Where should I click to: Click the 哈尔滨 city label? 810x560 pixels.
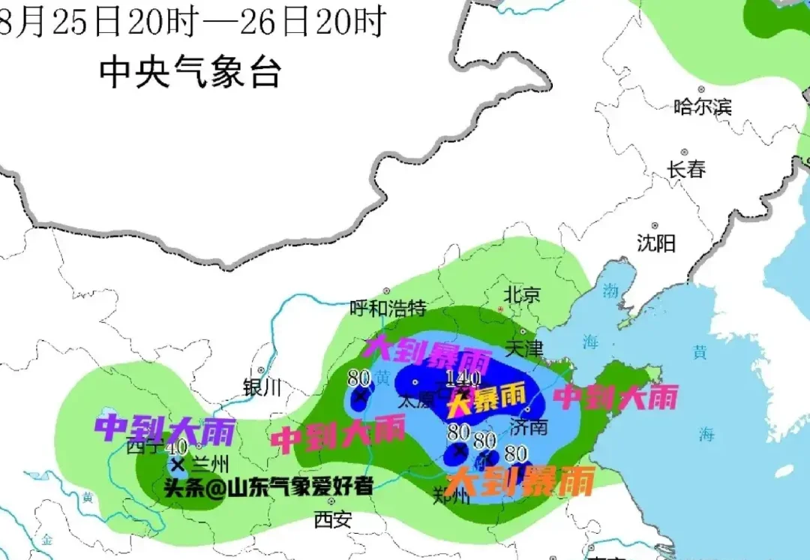702,107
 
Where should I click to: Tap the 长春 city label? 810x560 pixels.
687,170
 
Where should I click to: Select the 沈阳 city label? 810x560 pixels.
656,242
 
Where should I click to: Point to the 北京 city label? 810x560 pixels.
522,294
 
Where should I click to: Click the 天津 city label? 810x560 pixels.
523,348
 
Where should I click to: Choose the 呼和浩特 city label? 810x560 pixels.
388,308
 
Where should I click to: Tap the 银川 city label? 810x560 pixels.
262,387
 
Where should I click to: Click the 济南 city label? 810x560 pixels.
528,426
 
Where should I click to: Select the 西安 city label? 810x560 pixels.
332,519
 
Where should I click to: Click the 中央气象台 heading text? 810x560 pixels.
190,73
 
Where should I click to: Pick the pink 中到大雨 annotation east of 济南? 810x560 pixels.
615,396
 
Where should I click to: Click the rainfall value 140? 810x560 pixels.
462,378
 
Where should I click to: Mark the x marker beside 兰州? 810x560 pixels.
178,463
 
